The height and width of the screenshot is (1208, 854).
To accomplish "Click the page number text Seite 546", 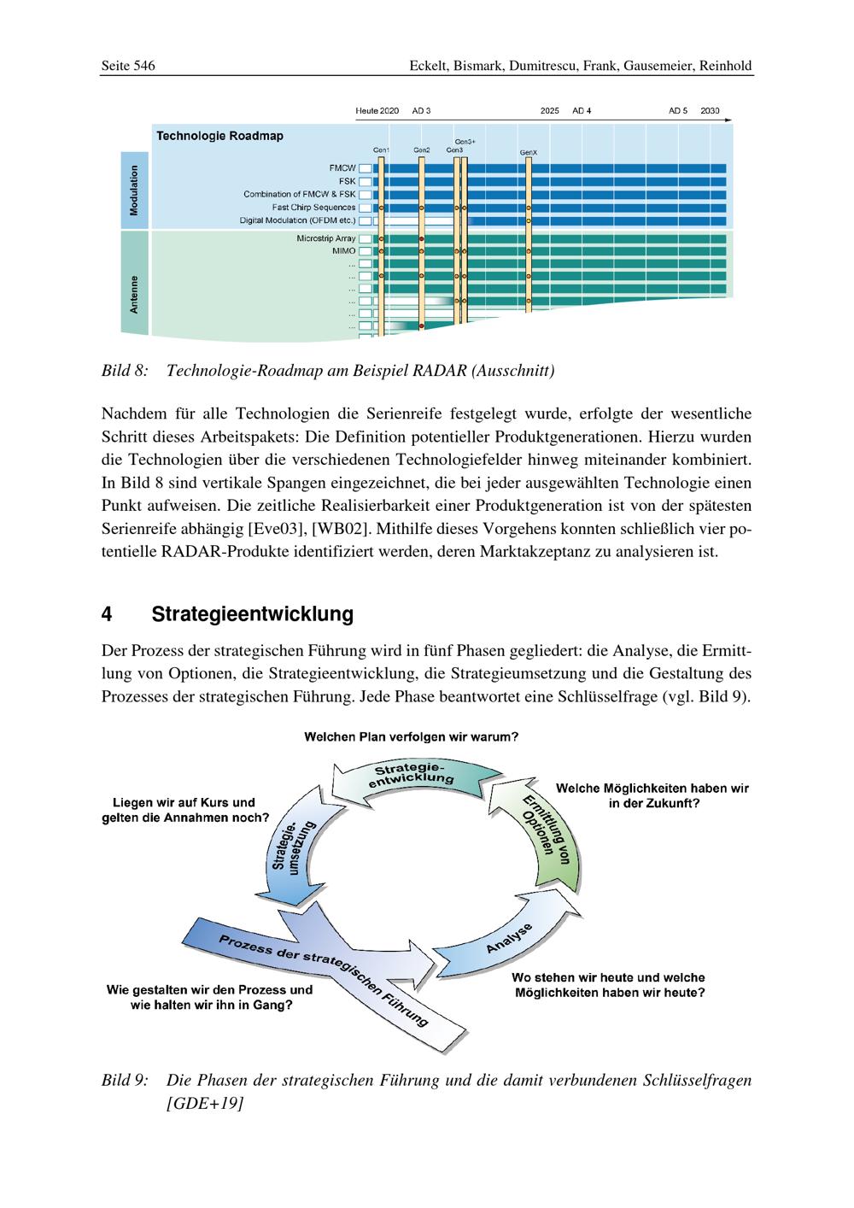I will pos(128,66).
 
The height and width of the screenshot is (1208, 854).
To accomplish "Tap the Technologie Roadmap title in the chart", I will pos(219,136).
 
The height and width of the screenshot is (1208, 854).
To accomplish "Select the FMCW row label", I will pos(342,168).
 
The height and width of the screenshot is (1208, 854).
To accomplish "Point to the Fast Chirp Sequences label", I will pos(313,208).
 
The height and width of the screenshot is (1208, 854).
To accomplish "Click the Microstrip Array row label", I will pos(325,238).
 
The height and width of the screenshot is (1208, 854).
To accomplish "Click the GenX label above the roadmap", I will pos(529,153).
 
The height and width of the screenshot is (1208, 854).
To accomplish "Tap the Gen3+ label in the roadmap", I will pos(465,141).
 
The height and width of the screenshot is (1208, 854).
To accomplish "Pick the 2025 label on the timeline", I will pos(549,111).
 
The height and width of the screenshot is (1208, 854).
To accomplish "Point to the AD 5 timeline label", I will pos(678,111).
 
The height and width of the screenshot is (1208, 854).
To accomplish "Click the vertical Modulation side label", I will pos(135,190).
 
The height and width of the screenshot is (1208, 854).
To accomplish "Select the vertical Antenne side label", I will pos(135,295).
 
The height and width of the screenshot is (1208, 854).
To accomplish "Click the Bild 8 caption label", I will pos(125,371).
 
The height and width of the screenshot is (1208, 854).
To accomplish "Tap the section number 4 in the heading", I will pos(107,614).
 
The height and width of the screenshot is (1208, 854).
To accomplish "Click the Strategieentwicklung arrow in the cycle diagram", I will pos(412,775).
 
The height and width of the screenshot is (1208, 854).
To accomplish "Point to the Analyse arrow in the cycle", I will pos(509,939).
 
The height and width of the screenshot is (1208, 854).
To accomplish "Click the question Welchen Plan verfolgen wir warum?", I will pos(411,737).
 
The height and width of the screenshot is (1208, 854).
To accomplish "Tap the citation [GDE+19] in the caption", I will pos(205,1103).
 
